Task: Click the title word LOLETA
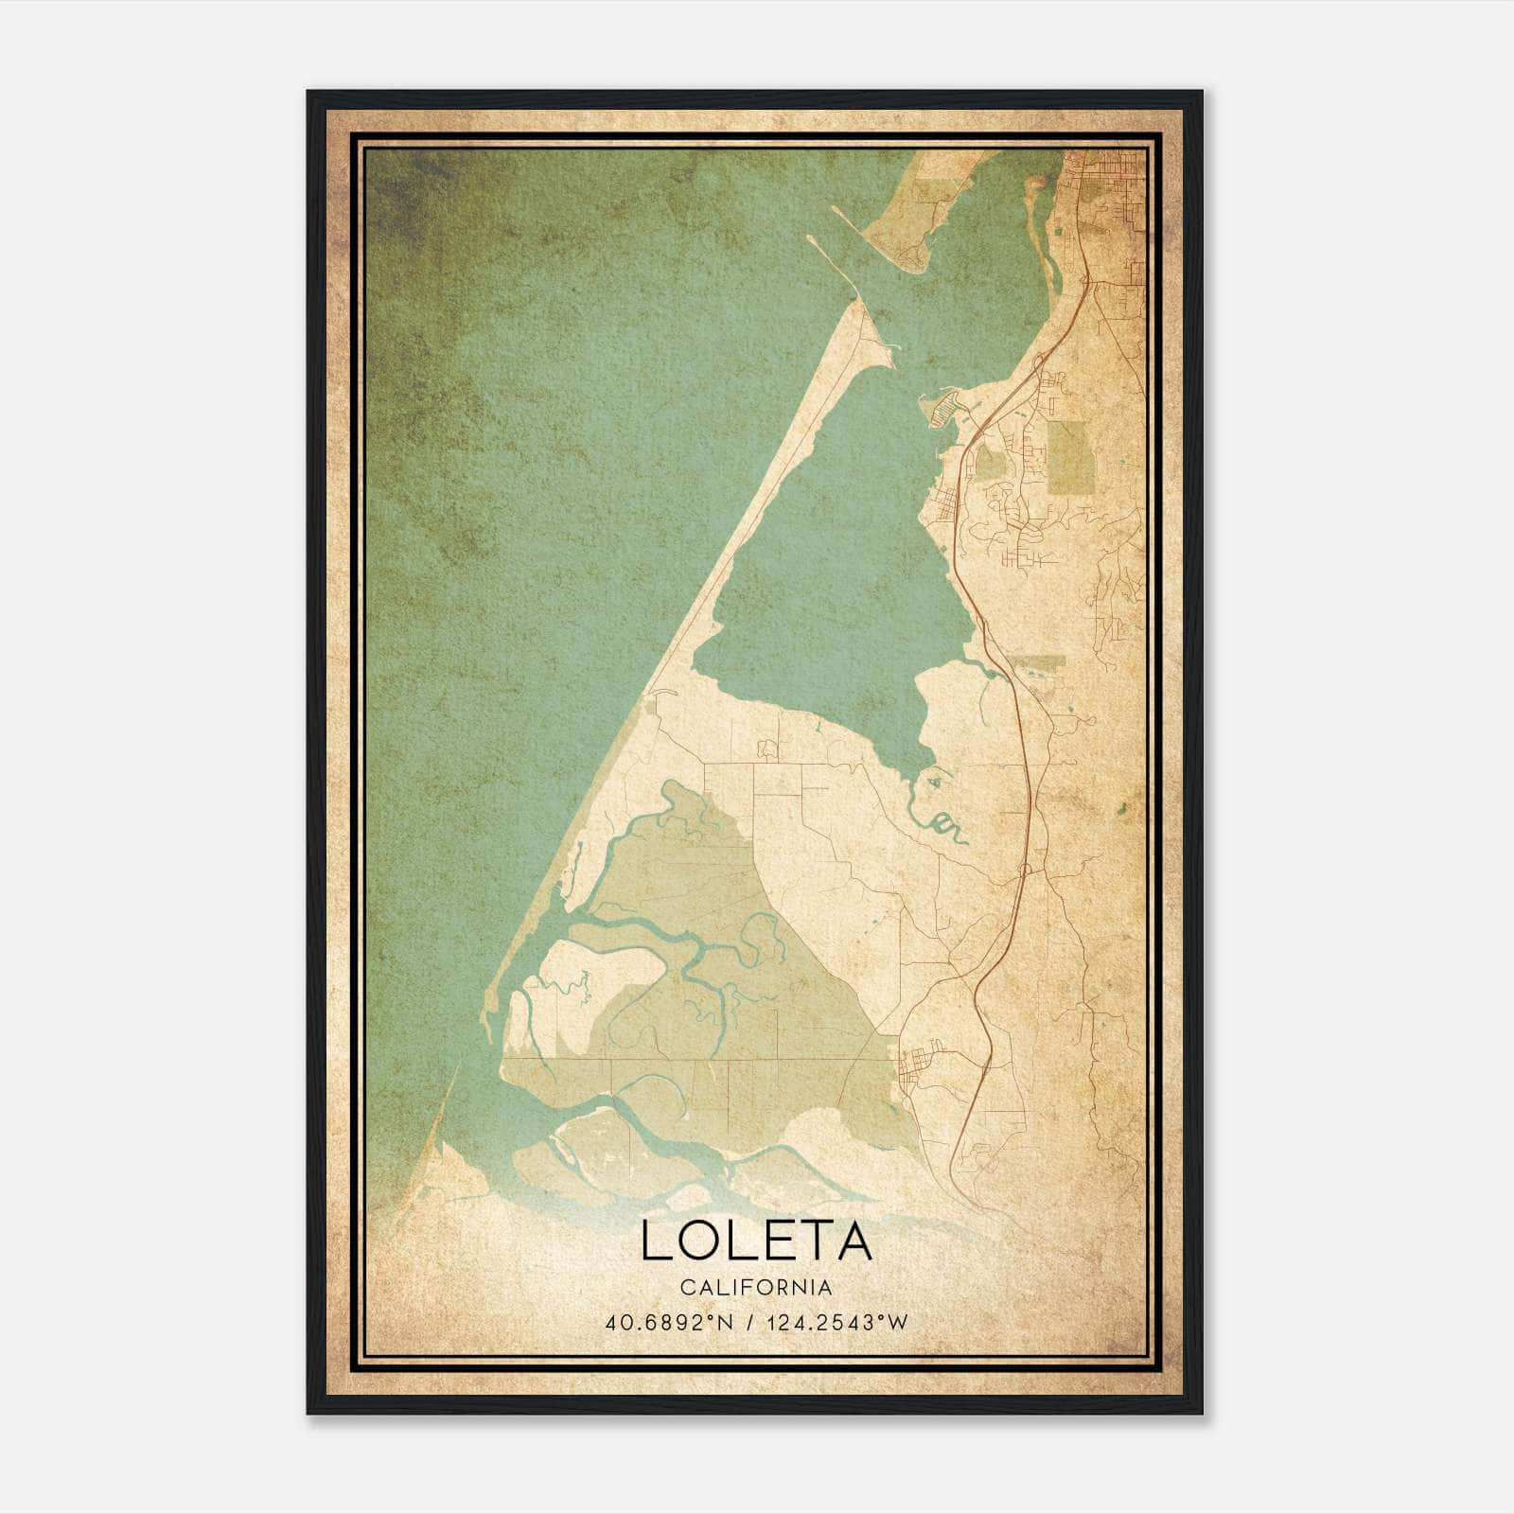tap(756, 1241)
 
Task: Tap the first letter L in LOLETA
tap(655, 1241)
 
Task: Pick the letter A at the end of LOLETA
tap(853, 1241)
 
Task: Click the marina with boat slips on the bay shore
tap(946, 409)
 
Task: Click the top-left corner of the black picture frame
tap(309, 93)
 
